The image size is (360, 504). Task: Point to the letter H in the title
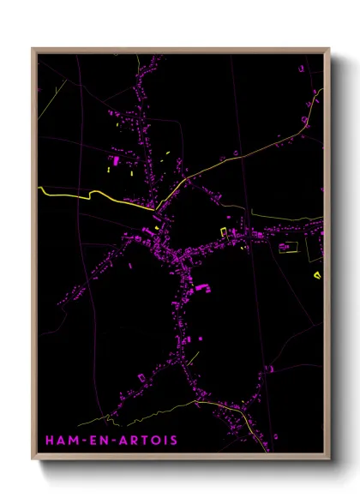(50, 441)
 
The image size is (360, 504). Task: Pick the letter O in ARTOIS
(159, 441)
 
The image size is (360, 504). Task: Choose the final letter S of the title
(174, 441)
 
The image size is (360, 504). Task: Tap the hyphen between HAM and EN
(83, 441)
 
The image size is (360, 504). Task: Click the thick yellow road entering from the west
(77, 196)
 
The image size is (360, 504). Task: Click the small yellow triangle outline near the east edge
(317, 274)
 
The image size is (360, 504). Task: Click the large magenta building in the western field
(114, 161)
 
